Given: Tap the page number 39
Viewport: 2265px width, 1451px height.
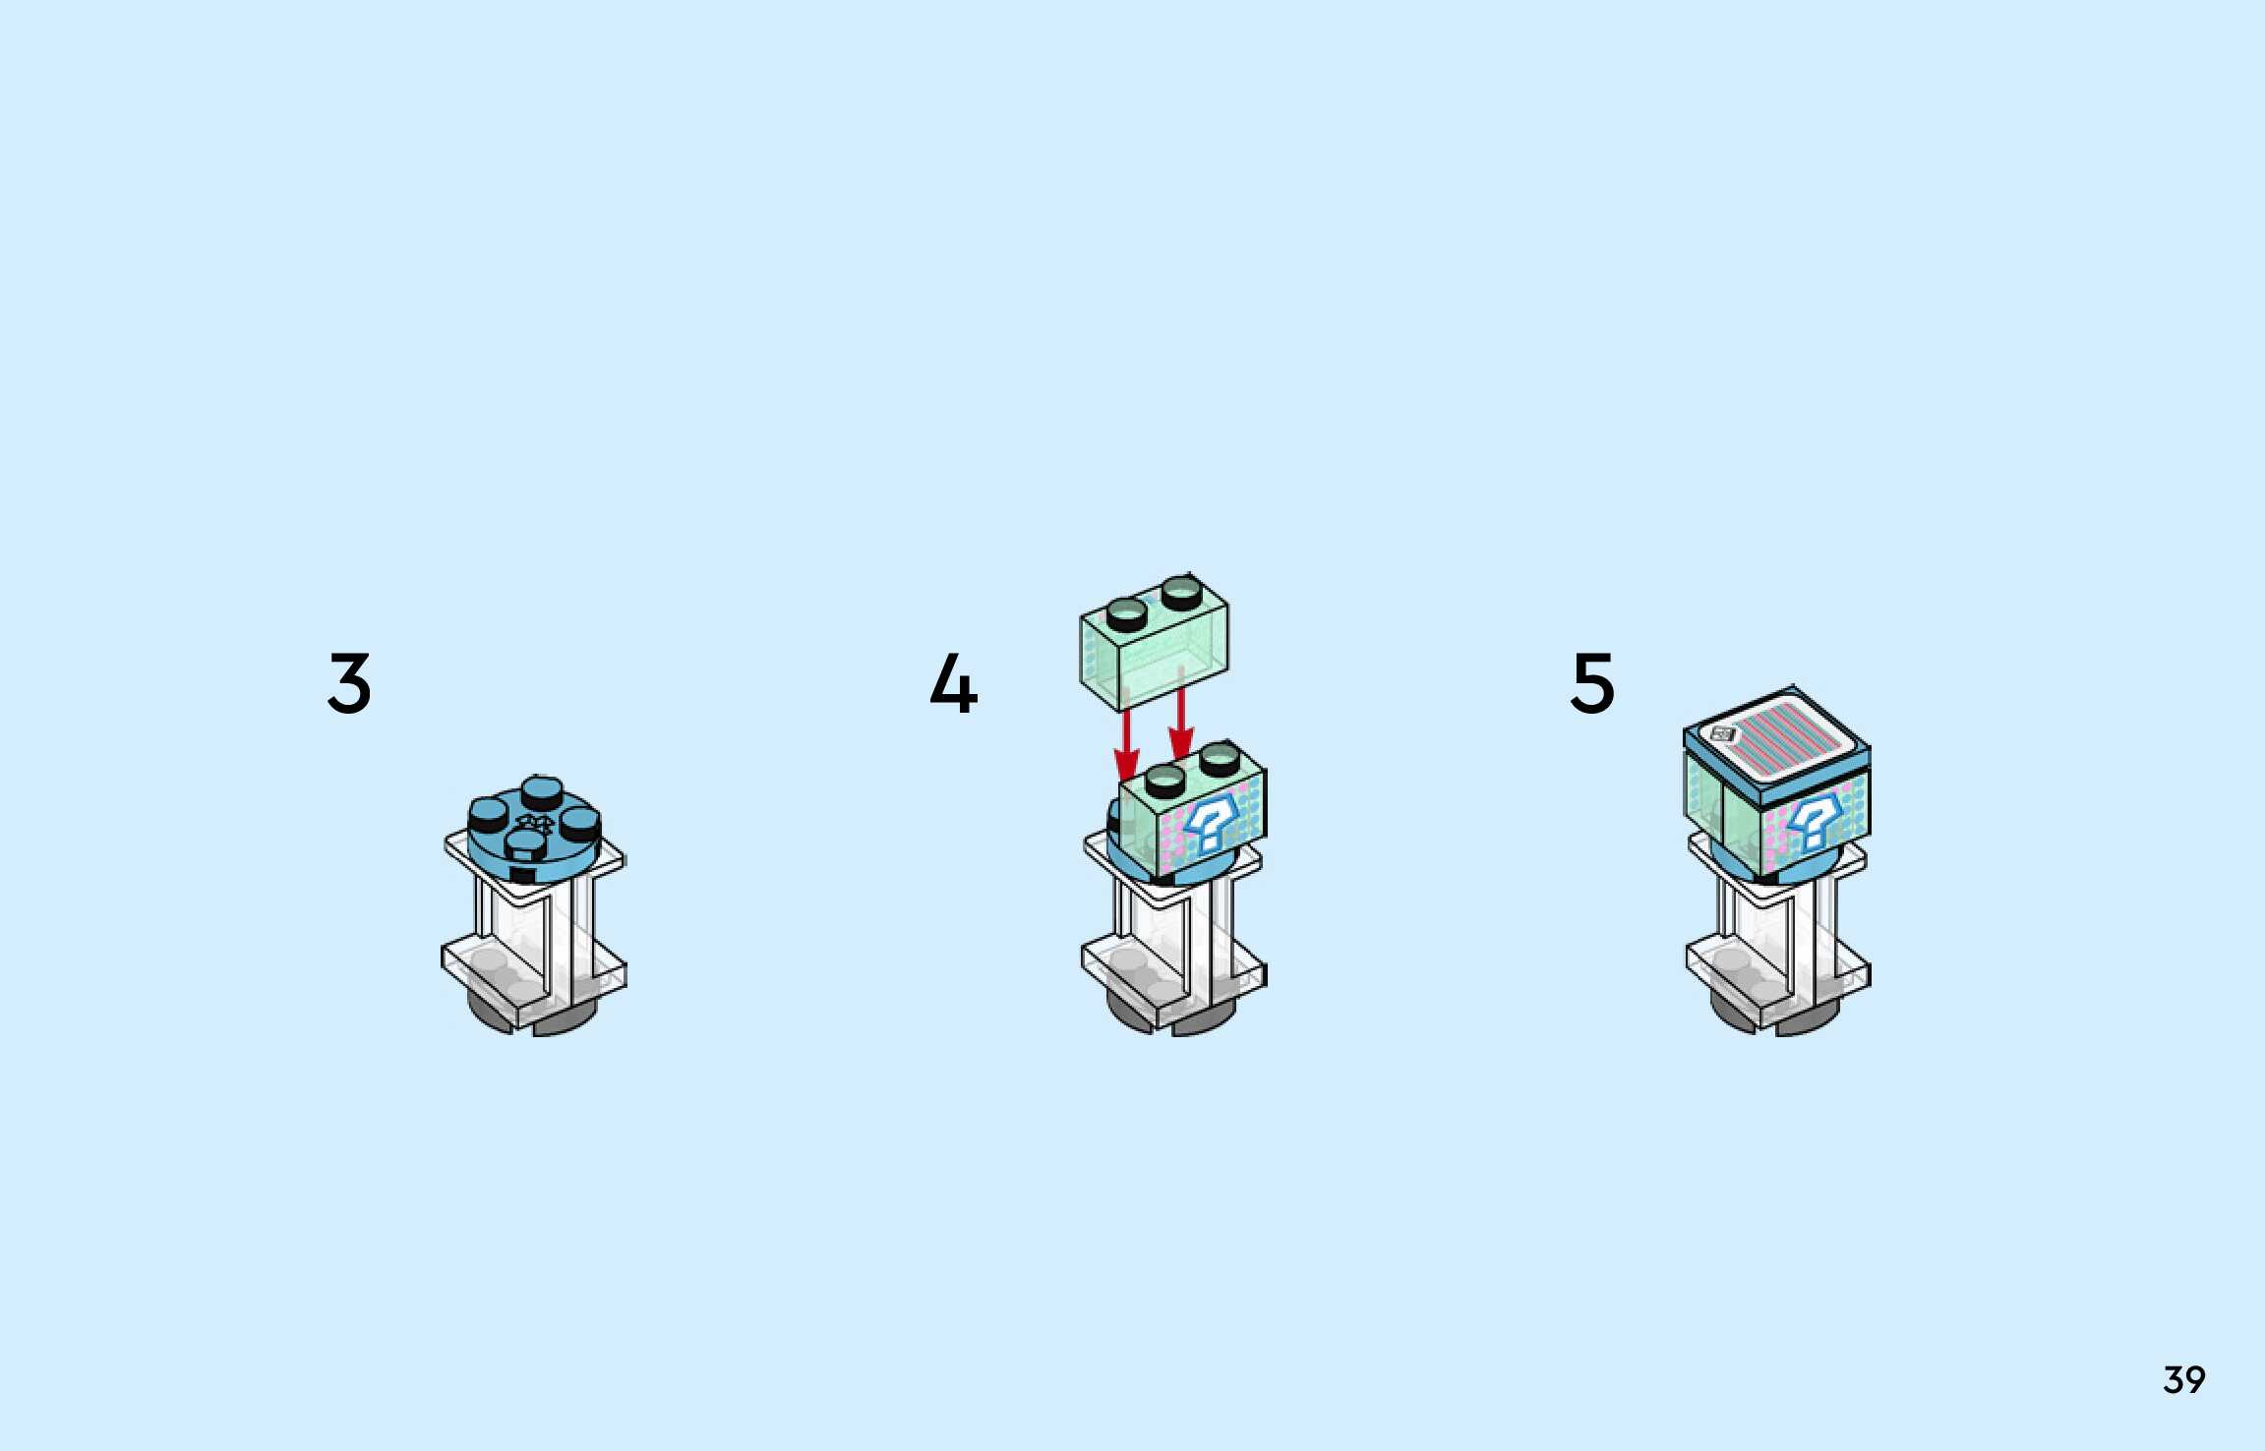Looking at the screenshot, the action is (x=2184, y=1380).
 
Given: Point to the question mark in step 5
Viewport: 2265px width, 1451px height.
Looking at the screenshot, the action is (x=1812, y=821).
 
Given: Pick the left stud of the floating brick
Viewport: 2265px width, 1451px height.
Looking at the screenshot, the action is (x=1126, y=614).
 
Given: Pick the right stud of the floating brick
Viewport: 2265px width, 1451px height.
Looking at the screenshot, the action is (x=1181, y=593).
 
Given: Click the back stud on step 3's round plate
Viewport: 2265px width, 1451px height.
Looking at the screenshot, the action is (x=542, y=791).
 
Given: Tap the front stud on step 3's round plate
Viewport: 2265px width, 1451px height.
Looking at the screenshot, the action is (x=526, y=844).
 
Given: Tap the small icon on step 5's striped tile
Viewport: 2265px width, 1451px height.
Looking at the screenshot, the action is (x=1722, y=733).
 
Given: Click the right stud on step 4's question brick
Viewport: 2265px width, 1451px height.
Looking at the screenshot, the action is (x=1220, y=757).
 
